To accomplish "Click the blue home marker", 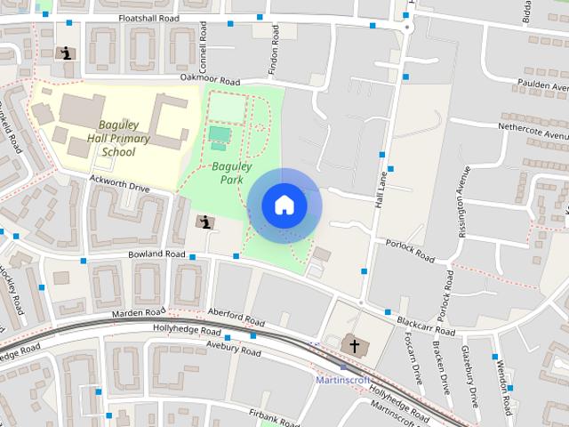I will [x=284, y=205].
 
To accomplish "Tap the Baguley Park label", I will [x=232, y=173].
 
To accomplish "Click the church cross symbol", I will [x=354, y=345].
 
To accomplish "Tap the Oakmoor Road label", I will [x=210, y=79].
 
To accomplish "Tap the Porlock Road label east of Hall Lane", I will [x=410, y=251].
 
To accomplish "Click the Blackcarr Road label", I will [x=427, y=327].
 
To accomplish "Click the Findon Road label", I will [x=273, y=55].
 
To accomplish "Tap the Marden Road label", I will [x=139, y=313].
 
